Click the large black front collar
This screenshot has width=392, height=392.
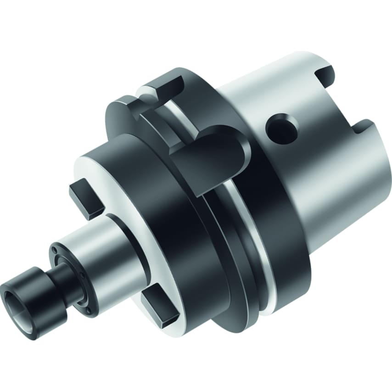(x=184, y=239)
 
